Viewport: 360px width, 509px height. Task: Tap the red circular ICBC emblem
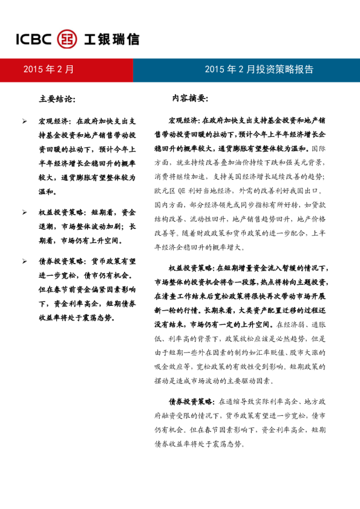pyautogui.click(x=67, y=39)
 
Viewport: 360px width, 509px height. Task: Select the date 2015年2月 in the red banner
pyautogui.click(x=48, y=70)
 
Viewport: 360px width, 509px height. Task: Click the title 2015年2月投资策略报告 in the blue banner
pyautogui.click(x=259, y=70)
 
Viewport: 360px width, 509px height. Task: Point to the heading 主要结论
pyautogui.click(x=57, y=98)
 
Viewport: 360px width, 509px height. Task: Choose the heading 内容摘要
pyautogui.click(x=191, y=98)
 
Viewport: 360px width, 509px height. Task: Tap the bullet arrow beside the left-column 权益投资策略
pyautogui.click(x=24, y=213)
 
